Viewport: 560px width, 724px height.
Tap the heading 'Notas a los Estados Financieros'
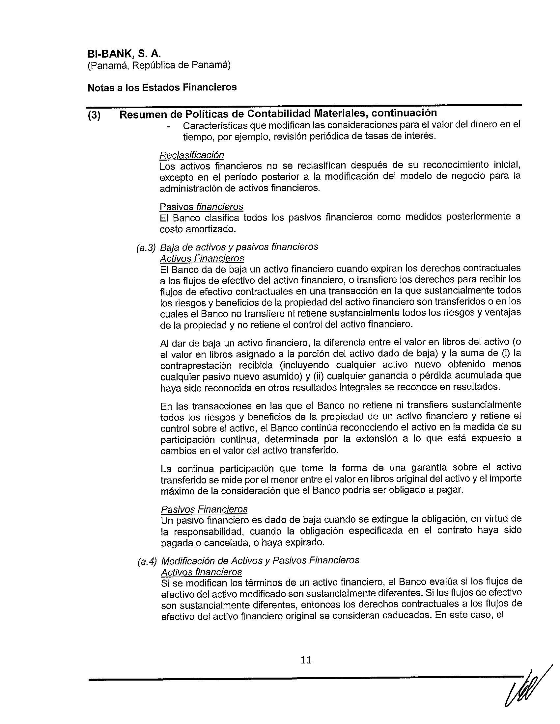tap(162, 87)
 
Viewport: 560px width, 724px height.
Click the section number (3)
tap(94, 116)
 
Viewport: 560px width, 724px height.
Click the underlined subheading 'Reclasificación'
tap(191, 155)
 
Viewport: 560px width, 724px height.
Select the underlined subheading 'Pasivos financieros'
tap(201, 207)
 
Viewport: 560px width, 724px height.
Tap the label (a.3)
tap(146, 247)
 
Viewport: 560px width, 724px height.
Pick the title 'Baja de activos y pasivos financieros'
tap(239, 246)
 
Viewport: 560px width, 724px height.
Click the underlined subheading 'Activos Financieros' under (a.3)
tap(202, 258)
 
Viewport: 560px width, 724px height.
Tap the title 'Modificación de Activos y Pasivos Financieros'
tap(260, 560)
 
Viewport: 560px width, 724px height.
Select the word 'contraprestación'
tap(196, 365)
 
